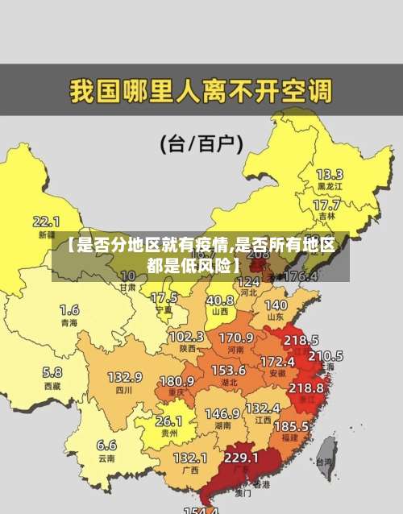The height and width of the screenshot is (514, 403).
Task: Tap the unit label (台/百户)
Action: (x=201, y=144)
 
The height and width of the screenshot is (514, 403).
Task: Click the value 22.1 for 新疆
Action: (x=46, y=221)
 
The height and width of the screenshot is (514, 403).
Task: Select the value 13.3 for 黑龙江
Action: (x=330, y=174)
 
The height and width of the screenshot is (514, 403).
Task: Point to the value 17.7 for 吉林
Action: (x=326, y=205)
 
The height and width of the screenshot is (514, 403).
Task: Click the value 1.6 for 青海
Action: (x=69, y=309)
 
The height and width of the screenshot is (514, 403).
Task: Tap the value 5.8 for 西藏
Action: (x=52, y=372)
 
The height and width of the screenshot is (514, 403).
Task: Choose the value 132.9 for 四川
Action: (x=125, y=377)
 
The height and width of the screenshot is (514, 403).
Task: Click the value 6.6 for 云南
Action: (x=106, y=445)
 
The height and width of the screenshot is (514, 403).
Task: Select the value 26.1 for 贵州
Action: (x=168, y=421)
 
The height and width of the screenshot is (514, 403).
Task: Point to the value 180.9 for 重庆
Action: (x=177, y=380)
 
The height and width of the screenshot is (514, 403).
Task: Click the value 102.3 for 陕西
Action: (x=186, y=336)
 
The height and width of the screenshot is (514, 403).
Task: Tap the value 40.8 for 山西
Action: (x=220, y=300)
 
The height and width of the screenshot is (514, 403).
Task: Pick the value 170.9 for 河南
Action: (x=236, y=337)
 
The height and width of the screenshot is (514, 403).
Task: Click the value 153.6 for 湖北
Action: (x=228, y=370)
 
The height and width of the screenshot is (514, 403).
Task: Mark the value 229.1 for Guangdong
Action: (x=241, y=457)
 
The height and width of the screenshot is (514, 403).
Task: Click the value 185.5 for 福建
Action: (x=291, y=425)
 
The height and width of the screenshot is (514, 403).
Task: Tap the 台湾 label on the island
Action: (x=324, y=462)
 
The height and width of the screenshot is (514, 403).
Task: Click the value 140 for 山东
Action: (x=276, y=305)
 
